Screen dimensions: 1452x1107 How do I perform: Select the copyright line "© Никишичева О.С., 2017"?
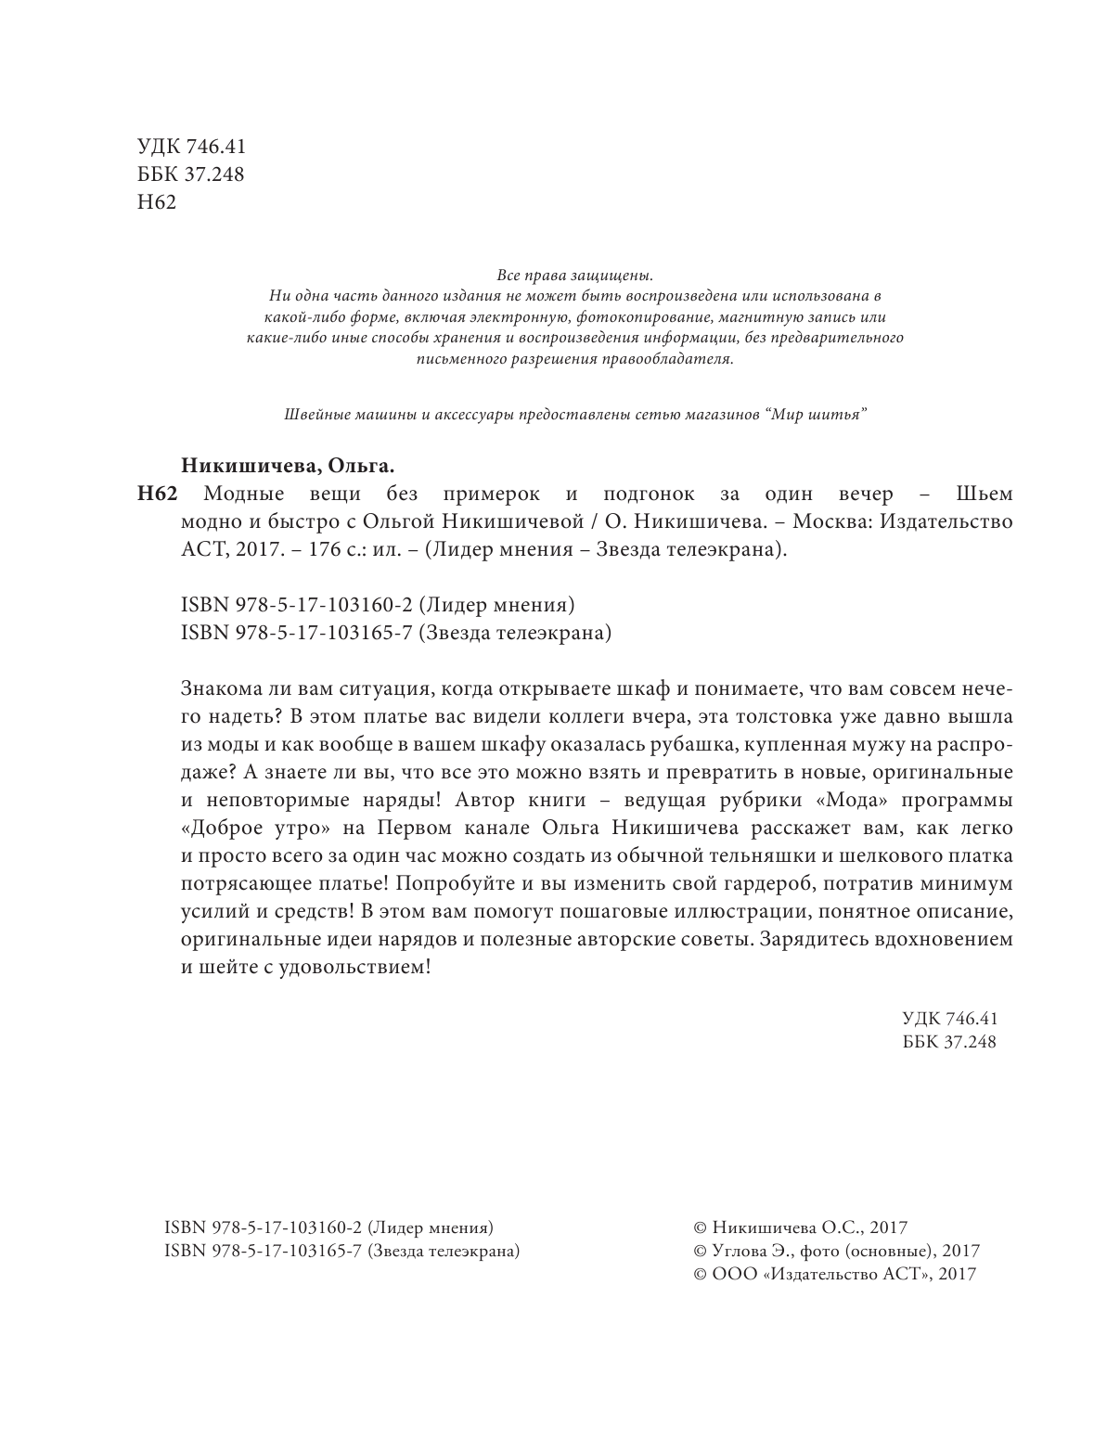[x=799, y=1227]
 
